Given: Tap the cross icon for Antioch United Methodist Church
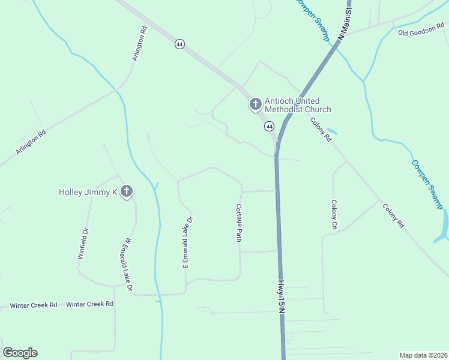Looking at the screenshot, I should click(255, 105).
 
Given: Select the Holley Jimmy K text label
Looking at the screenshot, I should click(88, 192).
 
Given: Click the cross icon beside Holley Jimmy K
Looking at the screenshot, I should click(126, 192).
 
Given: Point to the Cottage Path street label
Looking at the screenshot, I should click(239, 223).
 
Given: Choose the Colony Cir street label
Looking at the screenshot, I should click(334, 215).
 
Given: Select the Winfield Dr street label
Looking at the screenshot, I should click(83, 243).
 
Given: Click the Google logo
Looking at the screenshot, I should click(20, 353).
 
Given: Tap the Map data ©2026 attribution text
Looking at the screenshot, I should click(423, 355).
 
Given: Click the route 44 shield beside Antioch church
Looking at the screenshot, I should click(269, 126).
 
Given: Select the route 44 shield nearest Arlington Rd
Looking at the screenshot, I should click(179, 44).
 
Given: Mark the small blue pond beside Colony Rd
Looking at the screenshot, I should click(331, 131).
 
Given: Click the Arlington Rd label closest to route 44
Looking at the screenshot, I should click(139, 43).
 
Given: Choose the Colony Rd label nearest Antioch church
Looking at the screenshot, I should click(321, 129).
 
